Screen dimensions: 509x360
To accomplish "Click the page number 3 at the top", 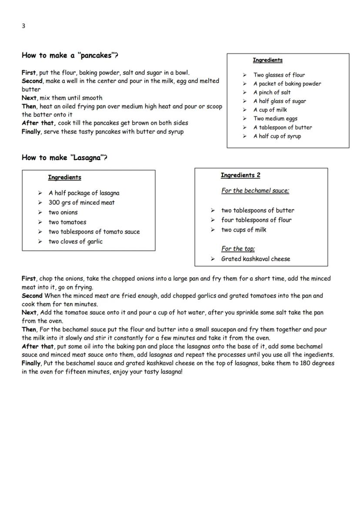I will (23, 26).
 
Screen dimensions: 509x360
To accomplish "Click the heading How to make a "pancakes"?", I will (70, 55).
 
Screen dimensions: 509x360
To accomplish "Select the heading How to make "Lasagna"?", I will (64, 157).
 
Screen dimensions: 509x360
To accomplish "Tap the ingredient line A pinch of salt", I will (272, 92).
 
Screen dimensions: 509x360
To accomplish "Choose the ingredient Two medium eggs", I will (275, 118).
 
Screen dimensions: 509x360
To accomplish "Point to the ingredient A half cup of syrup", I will (277, 136).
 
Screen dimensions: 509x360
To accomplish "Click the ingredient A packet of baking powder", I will (287, 84).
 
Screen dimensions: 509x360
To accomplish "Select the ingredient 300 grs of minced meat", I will (81, 202).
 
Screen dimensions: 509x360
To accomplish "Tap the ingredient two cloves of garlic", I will (75, 241).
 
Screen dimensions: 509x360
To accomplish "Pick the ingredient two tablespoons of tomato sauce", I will (94, 231).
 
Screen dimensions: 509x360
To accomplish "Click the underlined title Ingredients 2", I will (240, 175).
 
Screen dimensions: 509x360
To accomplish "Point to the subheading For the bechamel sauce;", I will (255, 191).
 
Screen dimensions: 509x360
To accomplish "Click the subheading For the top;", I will (238, 249).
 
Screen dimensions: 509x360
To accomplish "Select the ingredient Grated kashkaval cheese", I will (255, 259).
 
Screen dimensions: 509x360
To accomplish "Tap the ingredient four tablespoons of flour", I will (256, 220).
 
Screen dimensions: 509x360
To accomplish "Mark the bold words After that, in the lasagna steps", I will (38, 346).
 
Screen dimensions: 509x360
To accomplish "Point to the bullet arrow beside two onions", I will (40, 212).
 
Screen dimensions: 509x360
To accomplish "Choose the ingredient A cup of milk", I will (270, 110).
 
